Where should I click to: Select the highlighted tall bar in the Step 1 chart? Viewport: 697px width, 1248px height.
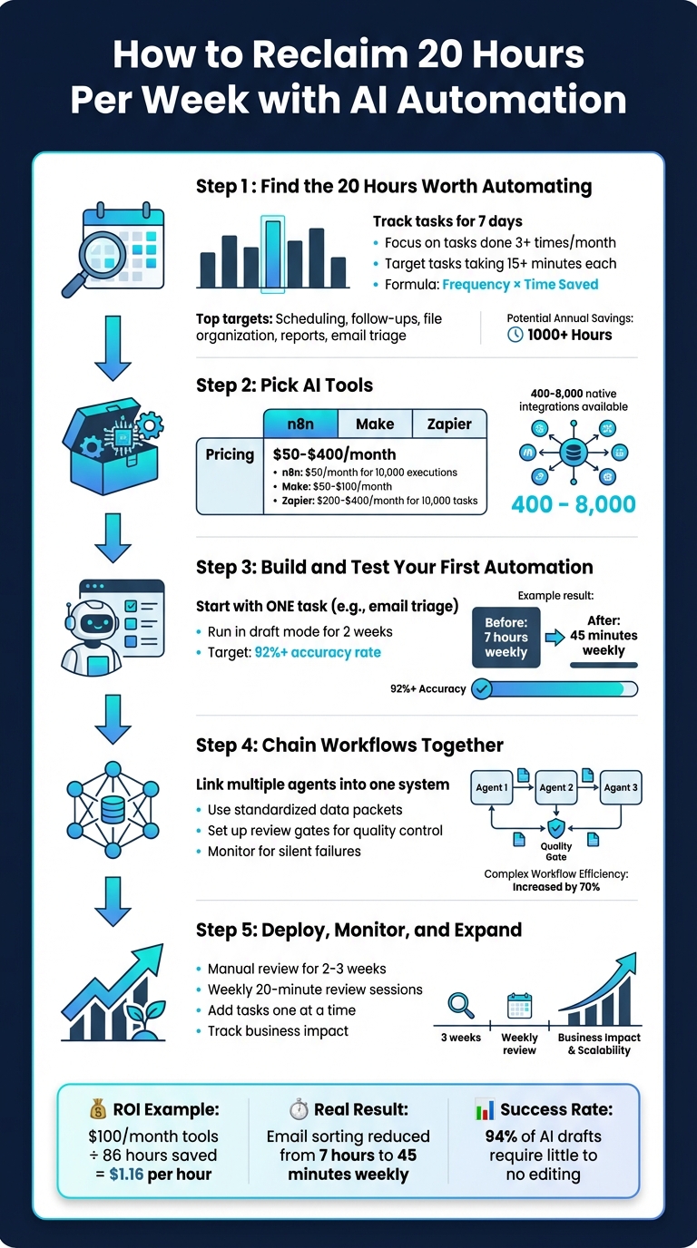pos(272,254)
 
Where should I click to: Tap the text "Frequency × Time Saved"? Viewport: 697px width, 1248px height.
pos(520,284)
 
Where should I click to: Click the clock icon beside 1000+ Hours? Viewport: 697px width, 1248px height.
pos(515,335)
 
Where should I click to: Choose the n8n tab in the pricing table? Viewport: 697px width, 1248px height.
pos(299,424)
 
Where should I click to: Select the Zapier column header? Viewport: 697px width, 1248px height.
pos(448,424)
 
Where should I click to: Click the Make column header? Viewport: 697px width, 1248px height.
pos(374,424)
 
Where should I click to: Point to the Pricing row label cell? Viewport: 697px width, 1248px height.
pos(230,453)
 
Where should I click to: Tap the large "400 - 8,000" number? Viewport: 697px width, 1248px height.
pos(573,505)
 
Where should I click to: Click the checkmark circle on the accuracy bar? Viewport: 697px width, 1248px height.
pos(482,689)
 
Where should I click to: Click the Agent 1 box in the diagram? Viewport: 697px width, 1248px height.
pos(493,787)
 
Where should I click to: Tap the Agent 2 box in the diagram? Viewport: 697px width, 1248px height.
pos(556,787)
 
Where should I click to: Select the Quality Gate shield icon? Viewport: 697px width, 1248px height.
pos(555,827)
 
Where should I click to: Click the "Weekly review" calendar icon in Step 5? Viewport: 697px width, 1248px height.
pos(519,1008)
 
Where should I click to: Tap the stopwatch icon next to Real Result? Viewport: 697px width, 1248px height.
pos(299,1109)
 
